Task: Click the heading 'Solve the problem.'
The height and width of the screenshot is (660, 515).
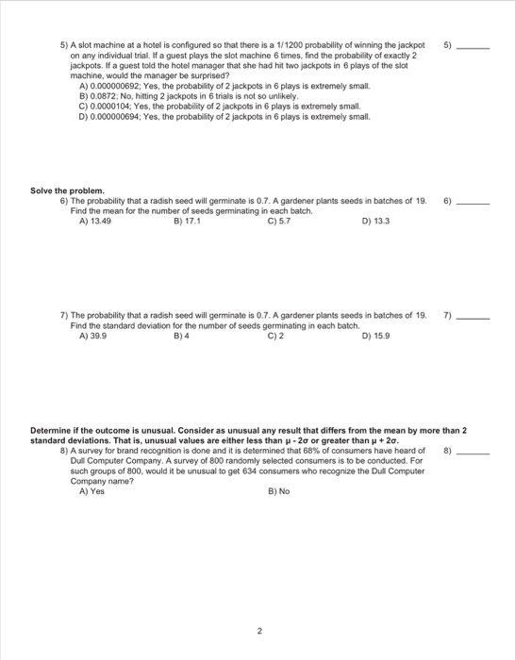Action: tap(67, 191)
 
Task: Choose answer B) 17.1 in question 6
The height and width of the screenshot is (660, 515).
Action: tap(188, 222)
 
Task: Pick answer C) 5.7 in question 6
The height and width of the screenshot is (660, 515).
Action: tap(278, 222)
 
